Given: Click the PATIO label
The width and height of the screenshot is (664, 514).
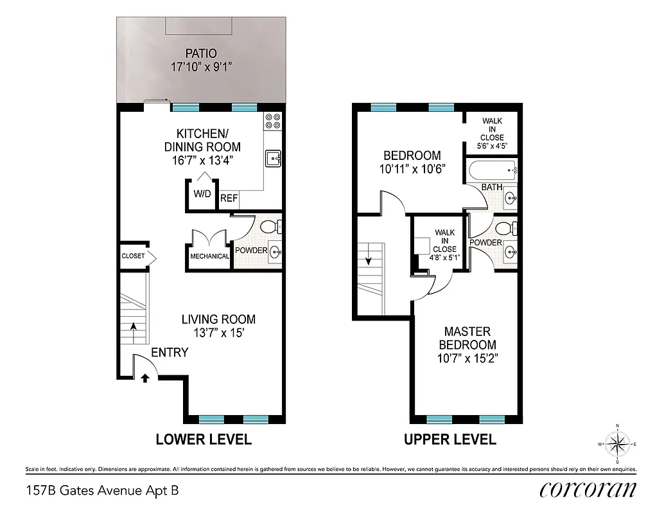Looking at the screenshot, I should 201,53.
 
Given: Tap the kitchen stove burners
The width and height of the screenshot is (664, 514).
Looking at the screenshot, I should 272,121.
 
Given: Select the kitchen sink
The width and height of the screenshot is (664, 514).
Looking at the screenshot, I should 273,158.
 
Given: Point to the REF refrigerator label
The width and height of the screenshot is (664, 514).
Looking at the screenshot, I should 229,199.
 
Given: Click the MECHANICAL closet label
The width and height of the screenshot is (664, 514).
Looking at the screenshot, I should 209,256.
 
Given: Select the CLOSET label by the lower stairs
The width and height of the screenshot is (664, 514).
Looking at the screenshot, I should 133,256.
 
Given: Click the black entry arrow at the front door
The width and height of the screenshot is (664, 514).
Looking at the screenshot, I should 144,378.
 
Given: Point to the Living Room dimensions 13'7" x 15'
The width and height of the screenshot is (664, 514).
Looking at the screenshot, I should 218,333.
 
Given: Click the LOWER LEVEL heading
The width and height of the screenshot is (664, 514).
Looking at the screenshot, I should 204,439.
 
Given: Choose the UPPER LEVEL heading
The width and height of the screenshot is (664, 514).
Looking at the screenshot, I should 450,439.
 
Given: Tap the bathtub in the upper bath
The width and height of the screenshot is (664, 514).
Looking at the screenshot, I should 493,171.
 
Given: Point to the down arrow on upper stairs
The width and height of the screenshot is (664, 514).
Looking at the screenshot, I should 369,261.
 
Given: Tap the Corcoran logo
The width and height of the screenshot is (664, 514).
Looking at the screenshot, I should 588,490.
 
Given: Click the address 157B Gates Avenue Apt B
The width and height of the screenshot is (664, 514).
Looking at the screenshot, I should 102,491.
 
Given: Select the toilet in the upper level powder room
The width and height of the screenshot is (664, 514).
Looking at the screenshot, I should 504,227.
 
